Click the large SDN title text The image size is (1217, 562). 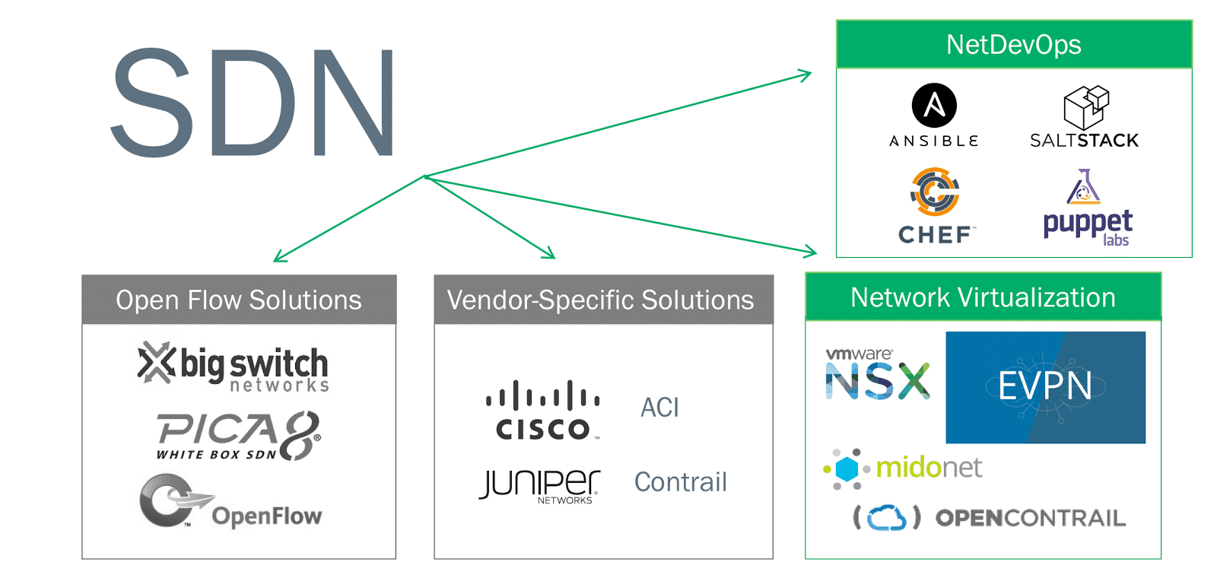coord(253,103)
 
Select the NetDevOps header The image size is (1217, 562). coord(1013,45)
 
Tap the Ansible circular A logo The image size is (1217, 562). coord(934,105)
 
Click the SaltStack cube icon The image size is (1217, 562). coord(1085,107)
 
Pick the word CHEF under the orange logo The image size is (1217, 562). coord(935,235)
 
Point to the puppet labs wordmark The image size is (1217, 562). coord(1088,224)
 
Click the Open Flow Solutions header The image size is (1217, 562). coord(239,300)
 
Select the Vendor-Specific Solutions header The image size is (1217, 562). coord(600,300)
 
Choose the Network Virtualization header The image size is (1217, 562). coord(983,297)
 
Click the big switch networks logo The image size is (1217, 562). coord(234,367)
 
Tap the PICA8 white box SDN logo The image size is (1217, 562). coord(238,436)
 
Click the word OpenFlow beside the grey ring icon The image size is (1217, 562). coord(267,516)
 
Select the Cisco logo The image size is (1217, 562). coord(542,411)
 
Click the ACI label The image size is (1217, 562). coord(659,408)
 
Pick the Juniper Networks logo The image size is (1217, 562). coord(540,486)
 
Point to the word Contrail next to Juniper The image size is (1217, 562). coord(681,482)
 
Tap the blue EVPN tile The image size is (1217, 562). coord(1045,387)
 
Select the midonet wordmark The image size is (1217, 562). coord(929,467)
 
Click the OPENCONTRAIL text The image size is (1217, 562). coord(1030,519)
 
